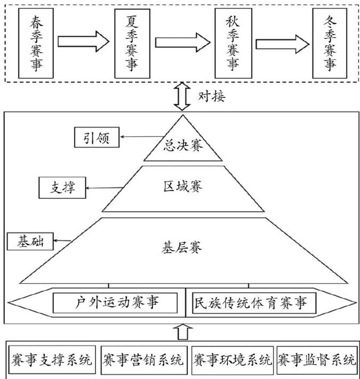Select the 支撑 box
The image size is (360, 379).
click(63, 188)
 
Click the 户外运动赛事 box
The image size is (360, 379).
click(115, 303)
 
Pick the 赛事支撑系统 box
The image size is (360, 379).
click(52, 358)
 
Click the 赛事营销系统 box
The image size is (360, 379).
click(142, 358)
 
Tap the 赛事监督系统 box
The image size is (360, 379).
click(317, 358)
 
